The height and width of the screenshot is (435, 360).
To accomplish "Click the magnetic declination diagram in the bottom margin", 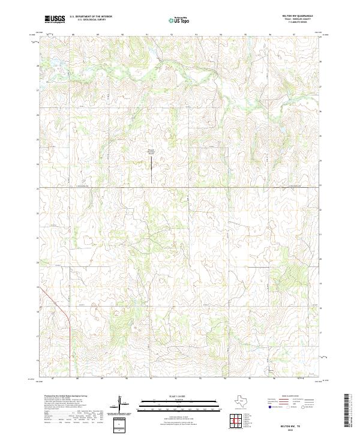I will (124, 405).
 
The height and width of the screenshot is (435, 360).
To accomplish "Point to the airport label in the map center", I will (152, 152).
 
